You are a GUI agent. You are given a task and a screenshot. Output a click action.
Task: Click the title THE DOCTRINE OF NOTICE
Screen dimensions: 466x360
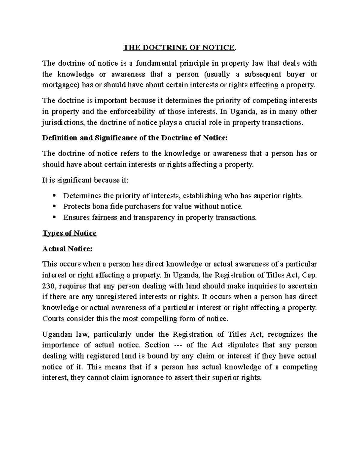(x=180, y=47)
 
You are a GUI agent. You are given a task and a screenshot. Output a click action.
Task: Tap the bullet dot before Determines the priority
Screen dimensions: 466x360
(x=54, y=196)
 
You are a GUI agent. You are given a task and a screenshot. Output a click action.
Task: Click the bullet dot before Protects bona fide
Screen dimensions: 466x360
(x=54, y=206)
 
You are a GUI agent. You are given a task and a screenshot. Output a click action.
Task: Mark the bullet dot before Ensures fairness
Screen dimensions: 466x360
(x=54, y=217)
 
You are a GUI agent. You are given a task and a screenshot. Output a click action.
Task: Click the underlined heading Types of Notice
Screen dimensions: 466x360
(x=69, y=233)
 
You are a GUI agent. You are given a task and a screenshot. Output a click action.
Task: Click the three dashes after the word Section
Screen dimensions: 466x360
(x=178, y=345)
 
